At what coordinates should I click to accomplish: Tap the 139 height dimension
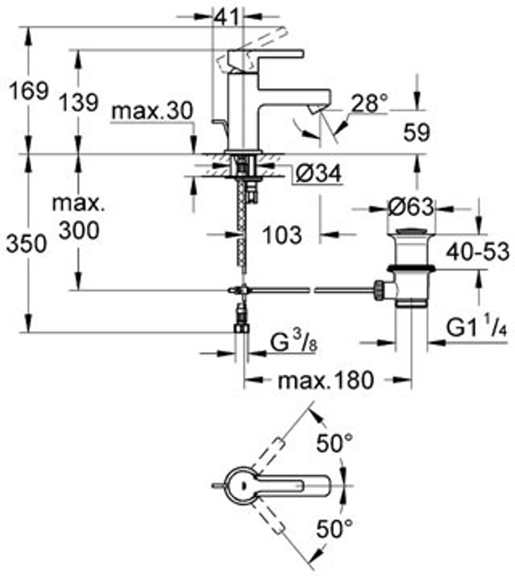tap(78, 103)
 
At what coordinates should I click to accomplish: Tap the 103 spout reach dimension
tap(282, 235)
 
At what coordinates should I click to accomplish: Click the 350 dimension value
tap(27, 245)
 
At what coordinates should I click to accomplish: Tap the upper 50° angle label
tap(335, 443)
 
